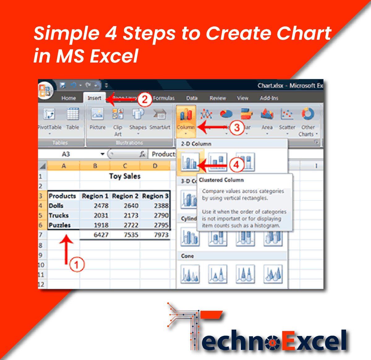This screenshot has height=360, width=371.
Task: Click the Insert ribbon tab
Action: click(x=94, y=98)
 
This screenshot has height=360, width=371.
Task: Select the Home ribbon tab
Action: click(x=69, y=98)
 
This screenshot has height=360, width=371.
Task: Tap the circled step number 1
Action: click(x=77, y=265)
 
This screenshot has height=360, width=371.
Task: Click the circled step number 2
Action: click(x=145, y=100)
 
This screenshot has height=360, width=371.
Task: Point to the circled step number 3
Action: click(x=237, y=127)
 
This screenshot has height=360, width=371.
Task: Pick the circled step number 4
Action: click(x=236, y=165)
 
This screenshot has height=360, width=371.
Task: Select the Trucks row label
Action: click(x=59, y=215)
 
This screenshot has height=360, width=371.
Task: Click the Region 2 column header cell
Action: click(x=125, y=196)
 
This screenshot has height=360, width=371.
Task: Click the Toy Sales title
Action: click(x=125, y=176)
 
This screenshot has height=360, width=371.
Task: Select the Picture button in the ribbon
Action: click(x=97, y=119)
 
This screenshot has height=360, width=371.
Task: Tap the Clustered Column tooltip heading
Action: click(x=221, y=180)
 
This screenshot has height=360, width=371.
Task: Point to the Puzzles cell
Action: click(x=60, y=225)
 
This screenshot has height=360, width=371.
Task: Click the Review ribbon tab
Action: click(x=218, y=98)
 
